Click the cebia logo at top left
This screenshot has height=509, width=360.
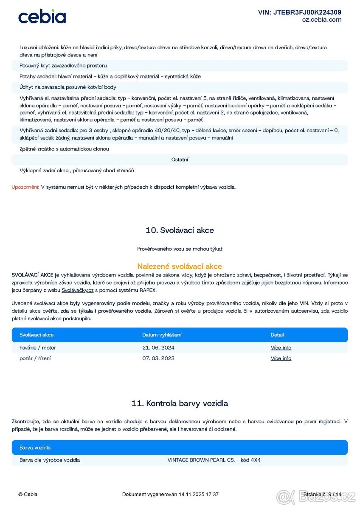coord(42,17)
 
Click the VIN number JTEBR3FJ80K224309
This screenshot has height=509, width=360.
coord(299,12)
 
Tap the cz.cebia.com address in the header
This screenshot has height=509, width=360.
coord(322,20)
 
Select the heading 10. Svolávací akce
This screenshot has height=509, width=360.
coord(180,230)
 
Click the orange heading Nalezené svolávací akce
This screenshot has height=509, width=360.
coord(180,266)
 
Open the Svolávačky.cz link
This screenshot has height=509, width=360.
coord(77,291)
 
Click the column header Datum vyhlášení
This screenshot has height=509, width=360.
coord(162,335)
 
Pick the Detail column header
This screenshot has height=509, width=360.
coord(277,335)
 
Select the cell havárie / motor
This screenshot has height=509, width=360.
coord(38,348)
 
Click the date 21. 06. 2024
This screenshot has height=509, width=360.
coord(158,348)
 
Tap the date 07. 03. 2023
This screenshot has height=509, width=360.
coord(158,358)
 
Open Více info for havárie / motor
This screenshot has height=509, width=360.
coord(281,348)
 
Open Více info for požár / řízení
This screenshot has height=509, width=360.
coord(281,358)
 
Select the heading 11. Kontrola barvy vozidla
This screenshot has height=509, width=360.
coord(180,403)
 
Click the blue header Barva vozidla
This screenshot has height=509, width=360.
coord(35,447)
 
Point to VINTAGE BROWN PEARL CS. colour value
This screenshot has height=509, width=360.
coord(214,460)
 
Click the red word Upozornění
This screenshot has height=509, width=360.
coord(25,187)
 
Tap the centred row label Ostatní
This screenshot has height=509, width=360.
coord(180,159)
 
